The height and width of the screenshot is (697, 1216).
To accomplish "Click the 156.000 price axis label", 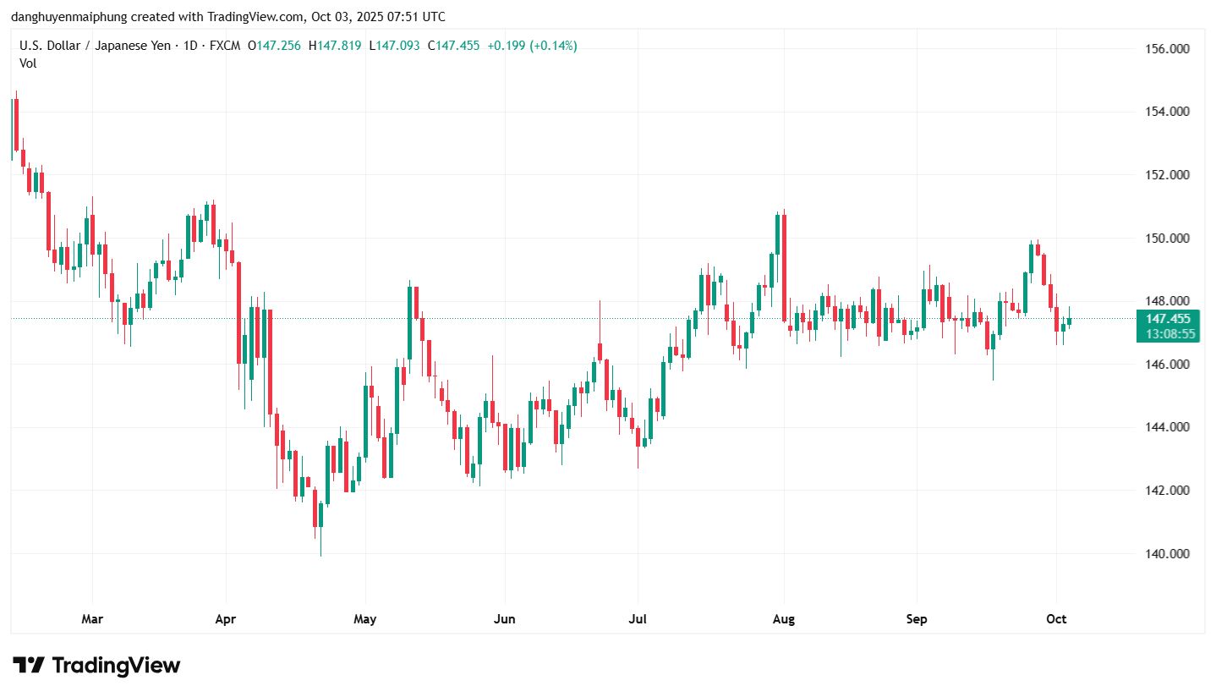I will (x=1166, y=49).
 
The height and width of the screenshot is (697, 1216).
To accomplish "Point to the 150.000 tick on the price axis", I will (x=1166, y=239).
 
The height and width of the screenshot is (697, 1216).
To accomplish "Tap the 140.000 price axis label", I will (x=1166, y=554).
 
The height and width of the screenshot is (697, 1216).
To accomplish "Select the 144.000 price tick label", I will (x=1166, y=428).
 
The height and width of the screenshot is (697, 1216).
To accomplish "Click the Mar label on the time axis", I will (x=92, y=619).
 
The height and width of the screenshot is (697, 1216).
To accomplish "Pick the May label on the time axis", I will (x=364, y=619).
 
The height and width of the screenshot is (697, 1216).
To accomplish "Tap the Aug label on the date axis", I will (x=784, y=619).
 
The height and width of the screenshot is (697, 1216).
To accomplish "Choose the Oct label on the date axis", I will (x=1056, y=619).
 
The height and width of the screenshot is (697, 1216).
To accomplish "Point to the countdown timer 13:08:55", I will (x=1170, y=334).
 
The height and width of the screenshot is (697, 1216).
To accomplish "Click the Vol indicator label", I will (x=28, y=63).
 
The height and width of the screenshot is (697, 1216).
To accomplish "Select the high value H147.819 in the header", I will (x=336, y=46).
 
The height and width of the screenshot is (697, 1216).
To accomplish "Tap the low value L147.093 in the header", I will (x=395, y=46).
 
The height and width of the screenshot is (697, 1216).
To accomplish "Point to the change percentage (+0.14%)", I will (x=553, y=46).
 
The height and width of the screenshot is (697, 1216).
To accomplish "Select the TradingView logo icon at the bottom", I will (x=28, y=666).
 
